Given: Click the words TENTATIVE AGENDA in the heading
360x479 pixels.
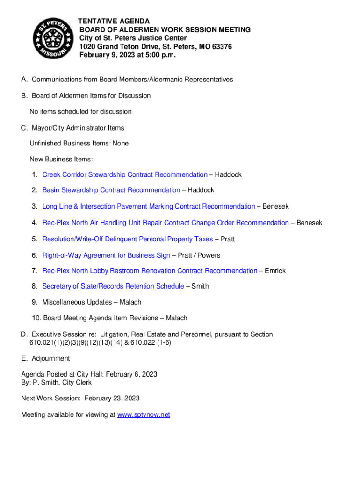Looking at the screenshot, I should click(x=114, y=22).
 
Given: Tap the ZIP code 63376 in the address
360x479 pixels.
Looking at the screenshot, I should click(x=221, y=47).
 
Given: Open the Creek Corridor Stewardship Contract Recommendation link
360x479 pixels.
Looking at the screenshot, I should click(x=125, y=174).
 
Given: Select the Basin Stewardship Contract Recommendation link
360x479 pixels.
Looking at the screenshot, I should click(x=111, y=190).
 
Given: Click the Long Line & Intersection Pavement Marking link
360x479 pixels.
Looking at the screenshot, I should click(x=149, y=206).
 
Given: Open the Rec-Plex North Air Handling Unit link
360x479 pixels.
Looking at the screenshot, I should click(x=166, y=223).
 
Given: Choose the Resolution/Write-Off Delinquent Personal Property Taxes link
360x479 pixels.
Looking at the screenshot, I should click(x=127, y=239).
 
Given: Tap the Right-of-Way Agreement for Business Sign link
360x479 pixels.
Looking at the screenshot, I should click(x=106, y=255).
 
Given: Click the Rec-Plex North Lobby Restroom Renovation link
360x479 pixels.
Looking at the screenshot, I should click(x=150, y=271).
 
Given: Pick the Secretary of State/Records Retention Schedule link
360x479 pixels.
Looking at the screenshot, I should click(x=113, y=286).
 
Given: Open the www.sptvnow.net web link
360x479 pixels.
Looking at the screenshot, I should click(x=144, y=415).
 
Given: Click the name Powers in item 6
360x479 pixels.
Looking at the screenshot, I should click(x=210, y=255).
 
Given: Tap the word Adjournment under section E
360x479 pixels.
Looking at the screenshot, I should click(x=51, y=358).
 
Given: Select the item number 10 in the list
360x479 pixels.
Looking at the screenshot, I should click(x=36, y=318).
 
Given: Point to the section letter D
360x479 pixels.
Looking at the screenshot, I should click(x=24, y=334).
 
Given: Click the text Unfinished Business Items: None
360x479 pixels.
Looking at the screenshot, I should click(x=79, y=143).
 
